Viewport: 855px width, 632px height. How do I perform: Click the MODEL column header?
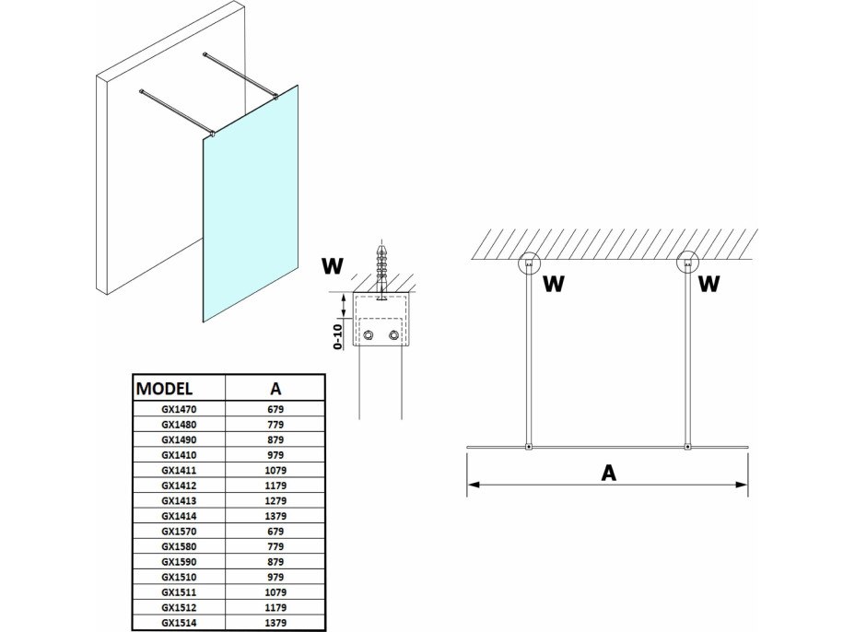(x=164, y=386)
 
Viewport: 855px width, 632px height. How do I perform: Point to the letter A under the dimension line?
(x=607, y=473)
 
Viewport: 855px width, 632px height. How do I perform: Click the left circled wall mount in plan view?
(x=529, y=264)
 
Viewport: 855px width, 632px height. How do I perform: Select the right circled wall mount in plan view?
(x=686, y=264)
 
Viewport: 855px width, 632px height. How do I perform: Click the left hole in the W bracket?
(x=368, y=334)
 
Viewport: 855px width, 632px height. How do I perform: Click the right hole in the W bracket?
(x=395, y=334)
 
